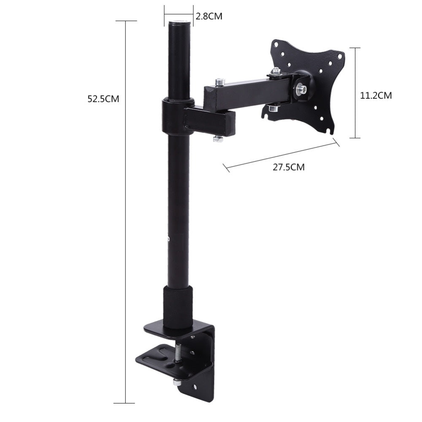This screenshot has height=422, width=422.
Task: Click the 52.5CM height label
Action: [x=103, y=99]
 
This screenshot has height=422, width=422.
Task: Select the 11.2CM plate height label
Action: [x=376, y=95]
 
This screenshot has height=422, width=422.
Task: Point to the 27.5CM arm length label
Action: [x=288, y=167]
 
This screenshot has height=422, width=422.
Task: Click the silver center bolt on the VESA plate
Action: [x=302, y=89]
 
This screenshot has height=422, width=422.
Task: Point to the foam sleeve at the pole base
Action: [x=178, y=307]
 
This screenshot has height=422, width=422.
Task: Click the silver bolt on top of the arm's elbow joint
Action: [x=218, y=81]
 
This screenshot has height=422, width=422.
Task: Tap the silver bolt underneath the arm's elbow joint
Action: [x=218, y=138]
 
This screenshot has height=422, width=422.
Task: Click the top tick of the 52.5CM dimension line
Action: [x=126, y=21]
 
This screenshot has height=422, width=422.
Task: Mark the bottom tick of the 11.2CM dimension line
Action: [x=355, y=138]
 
